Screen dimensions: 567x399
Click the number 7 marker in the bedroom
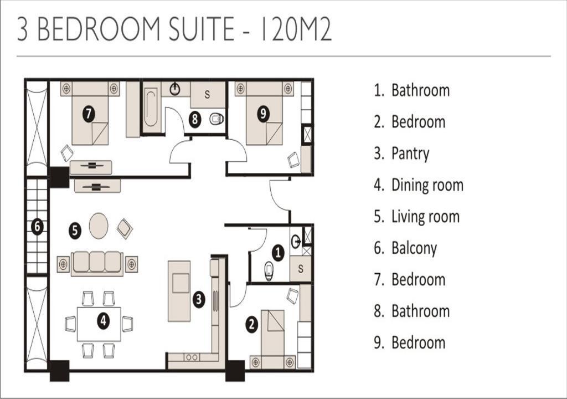pos(89,114)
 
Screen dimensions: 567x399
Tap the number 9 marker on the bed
pos(263,114)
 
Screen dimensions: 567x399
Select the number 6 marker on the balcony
pos(37,227)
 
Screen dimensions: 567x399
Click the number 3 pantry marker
pos(199,299)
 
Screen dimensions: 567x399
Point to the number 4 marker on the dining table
pos(104,320)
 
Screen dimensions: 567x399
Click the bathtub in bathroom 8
pos(151,108)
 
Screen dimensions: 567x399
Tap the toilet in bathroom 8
pos(217,119)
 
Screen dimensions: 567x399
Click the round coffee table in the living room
pos(99,226)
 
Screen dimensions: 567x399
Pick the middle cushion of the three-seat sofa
pos(97,262)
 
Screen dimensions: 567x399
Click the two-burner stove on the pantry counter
pos(192,357)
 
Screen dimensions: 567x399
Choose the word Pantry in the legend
pos(410,154)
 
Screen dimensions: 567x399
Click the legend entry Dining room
pos(419,185)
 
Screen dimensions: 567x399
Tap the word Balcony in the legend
pos(414,248)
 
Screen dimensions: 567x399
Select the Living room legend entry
pos(417,217)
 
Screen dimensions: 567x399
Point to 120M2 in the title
pos(296,28)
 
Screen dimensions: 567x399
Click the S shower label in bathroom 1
pos(301,269)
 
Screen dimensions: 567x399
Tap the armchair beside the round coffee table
pos(125,229)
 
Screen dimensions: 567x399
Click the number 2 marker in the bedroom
pos(252,324)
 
